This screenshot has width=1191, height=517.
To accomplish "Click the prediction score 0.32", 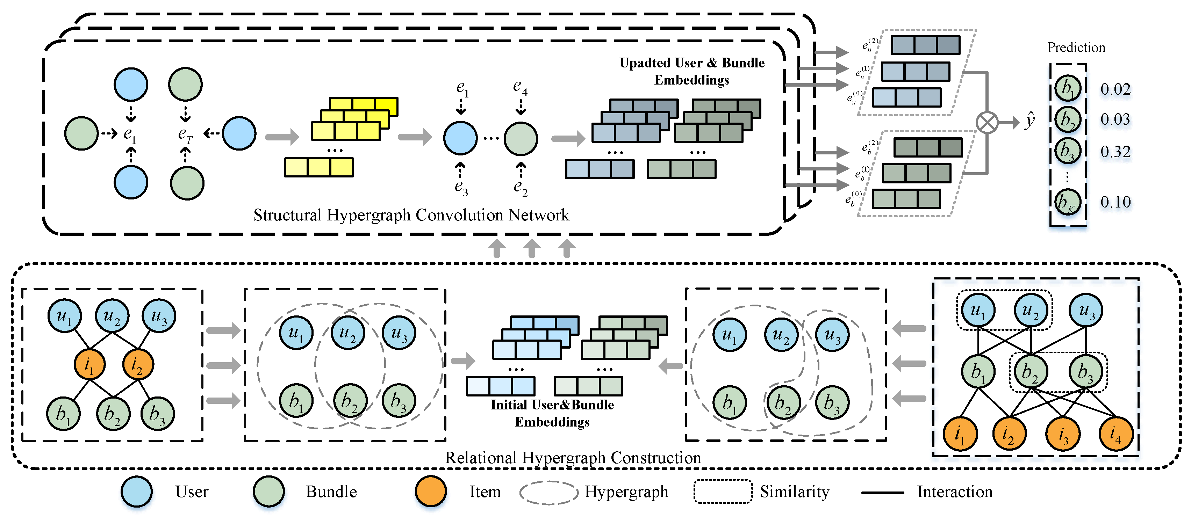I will (1115, 152).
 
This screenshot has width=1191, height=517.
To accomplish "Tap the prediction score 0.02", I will (1115, 89).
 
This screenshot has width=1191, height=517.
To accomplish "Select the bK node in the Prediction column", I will (1067, 202).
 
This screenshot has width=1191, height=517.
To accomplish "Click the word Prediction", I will (1076, 47).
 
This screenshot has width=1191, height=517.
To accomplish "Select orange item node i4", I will (1115, 434).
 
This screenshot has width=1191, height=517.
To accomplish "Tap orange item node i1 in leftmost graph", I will (89, 365).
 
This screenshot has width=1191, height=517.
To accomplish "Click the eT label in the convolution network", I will (185, 134).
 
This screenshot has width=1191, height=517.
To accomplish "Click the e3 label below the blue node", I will (461, 187).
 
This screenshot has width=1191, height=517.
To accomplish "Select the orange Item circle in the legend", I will (430, 491).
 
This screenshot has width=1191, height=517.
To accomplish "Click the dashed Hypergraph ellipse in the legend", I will (548, 493).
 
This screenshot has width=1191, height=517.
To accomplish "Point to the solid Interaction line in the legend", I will (882, 493).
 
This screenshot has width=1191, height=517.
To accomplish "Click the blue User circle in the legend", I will (136, 491).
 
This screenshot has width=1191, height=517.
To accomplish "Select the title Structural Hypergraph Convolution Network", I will (411, 215).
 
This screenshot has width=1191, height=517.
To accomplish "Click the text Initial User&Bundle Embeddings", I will (552, 413).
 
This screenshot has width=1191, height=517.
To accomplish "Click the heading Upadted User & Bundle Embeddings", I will (692, 71).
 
